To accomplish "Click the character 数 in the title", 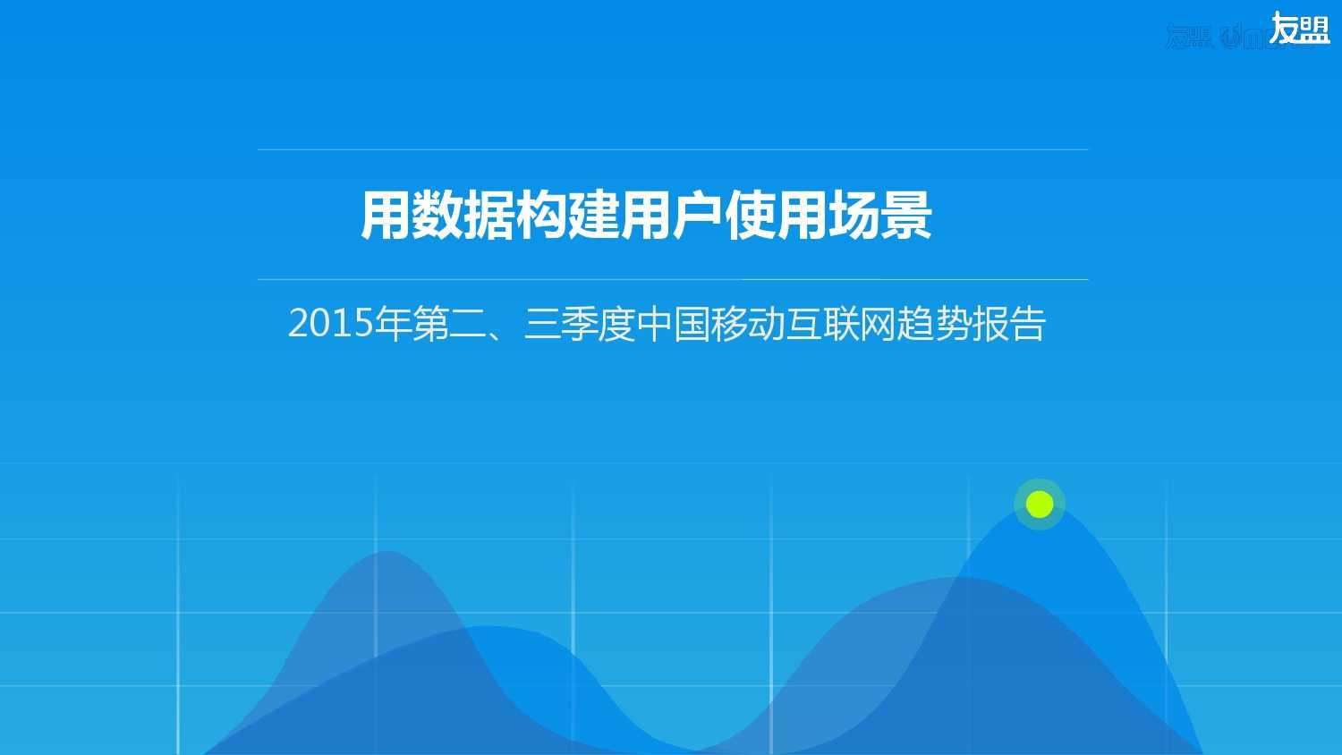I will pos(437,216).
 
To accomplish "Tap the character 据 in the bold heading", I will pos(490,216).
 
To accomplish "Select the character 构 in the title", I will pos(542,216).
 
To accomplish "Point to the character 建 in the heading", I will pos(594,216).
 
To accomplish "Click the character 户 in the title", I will pos(698,216).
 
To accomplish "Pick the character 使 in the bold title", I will pos(750,216).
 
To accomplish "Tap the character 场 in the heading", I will pos(854,216).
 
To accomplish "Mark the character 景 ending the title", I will pos(905,216).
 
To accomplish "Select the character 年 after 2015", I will pos(393,323).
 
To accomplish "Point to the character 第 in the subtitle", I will pos(430,323).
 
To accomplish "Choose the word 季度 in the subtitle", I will pos(598,323).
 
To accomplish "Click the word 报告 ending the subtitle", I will pos(1009,323).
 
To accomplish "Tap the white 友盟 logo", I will pos(1299,29).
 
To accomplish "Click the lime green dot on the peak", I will pos(1040,505).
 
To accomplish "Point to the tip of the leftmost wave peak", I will pos(386,552).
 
